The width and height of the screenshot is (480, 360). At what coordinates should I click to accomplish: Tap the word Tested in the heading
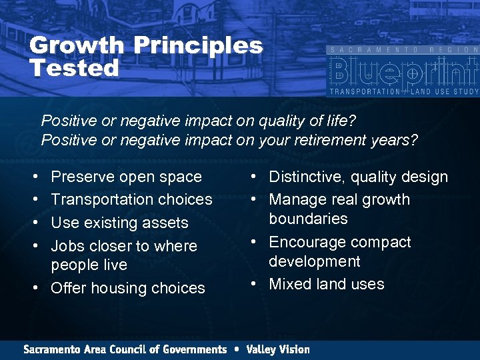click(x=74, y=67)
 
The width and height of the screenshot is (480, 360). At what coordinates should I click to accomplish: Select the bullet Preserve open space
click(x=126, y=177)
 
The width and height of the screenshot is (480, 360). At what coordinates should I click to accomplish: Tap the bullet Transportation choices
click(x=131, y=199)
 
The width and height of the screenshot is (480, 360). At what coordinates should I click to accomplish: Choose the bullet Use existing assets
click(x=119, y=223)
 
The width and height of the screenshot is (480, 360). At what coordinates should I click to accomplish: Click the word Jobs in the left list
click(x=67, y=246)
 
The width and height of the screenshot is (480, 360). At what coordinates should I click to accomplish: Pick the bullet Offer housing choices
click(x=127, y=288)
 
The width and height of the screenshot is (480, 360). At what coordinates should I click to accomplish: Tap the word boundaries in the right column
click(x=308, y=219)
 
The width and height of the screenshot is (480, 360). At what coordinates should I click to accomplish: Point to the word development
click(x=314, y=261)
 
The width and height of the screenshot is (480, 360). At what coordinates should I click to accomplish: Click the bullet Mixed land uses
click(x=326, y=284)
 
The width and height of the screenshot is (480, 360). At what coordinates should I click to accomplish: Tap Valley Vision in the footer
click(x=277, y=349)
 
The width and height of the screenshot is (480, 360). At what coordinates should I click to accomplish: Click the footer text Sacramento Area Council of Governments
click(x=125, y=349)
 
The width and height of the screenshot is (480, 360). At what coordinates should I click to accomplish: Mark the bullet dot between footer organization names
click(x=236, y=349)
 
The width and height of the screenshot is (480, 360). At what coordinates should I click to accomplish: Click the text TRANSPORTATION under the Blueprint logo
click(x=364, y=91)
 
